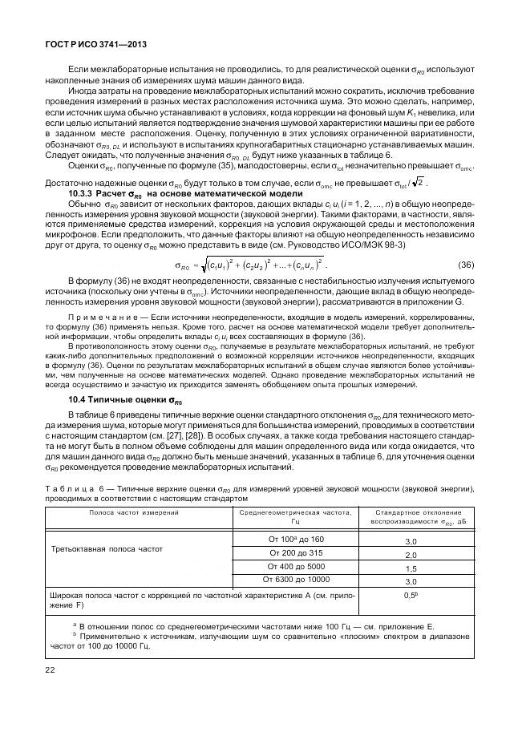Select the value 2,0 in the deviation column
(x=411, y=555)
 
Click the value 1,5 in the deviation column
(x=411, y=568)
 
